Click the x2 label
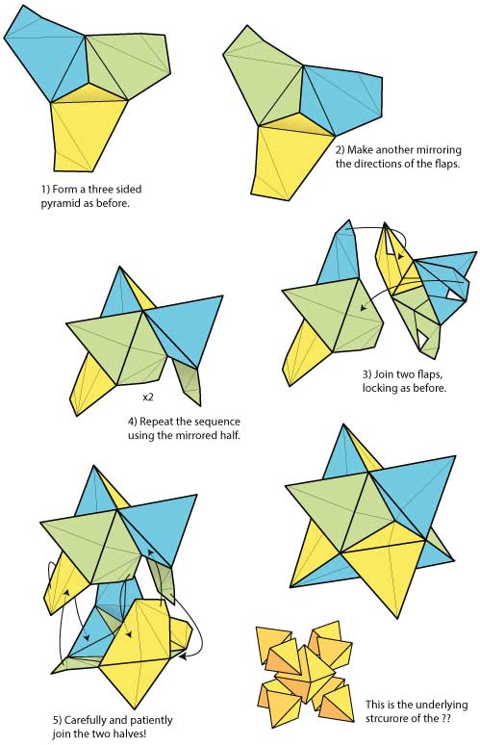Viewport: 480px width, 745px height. click(x=149, y=396)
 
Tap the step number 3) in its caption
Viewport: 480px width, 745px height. click(x=367, y=373)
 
